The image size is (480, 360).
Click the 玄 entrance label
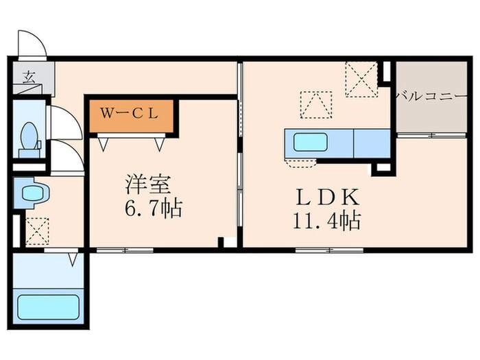[29, 76]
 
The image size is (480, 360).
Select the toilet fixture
[29, 135]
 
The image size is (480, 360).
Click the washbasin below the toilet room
[30, 193]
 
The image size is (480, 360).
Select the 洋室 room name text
[152, 185]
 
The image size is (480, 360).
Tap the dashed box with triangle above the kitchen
[316, 105]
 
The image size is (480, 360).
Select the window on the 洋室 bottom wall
[124, 250]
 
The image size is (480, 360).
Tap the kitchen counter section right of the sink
[371, 143]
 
